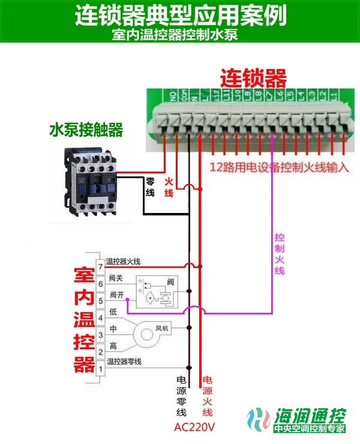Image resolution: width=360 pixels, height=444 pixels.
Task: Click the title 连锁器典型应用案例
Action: click(180, 15)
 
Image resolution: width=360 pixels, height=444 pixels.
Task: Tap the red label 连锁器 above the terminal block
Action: click(253, 78)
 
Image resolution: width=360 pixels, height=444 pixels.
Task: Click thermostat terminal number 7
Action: click(101, 265)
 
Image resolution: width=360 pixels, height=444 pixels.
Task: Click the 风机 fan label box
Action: click(163, 329)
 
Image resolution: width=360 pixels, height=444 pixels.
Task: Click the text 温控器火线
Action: click(123, 261)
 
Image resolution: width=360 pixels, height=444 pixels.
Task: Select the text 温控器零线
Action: click(124, 361)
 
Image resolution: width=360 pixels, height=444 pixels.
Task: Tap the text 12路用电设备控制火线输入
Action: click(279, 167)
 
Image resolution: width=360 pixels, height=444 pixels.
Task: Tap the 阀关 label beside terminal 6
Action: click(116, 278)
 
